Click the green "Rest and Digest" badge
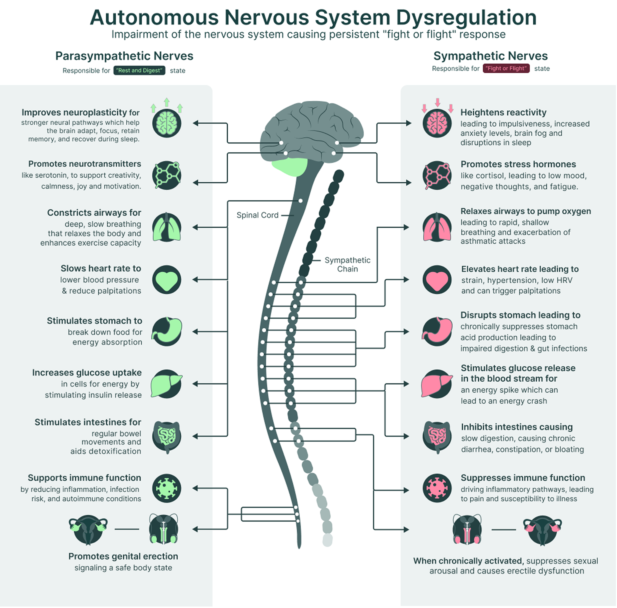[139, 70]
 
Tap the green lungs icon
[167, 227]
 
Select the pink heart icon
[437, 280]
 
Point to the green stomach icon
[167, 332]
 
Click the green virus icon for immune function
[167, 488]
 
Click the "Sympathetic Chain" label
[348, 264]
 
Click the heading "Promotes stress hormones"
[518, 164]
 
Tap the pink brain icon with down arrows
[437, 123]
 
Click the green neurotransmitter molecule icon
[167, 175]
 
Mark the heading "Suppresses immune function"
[523, 478]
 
